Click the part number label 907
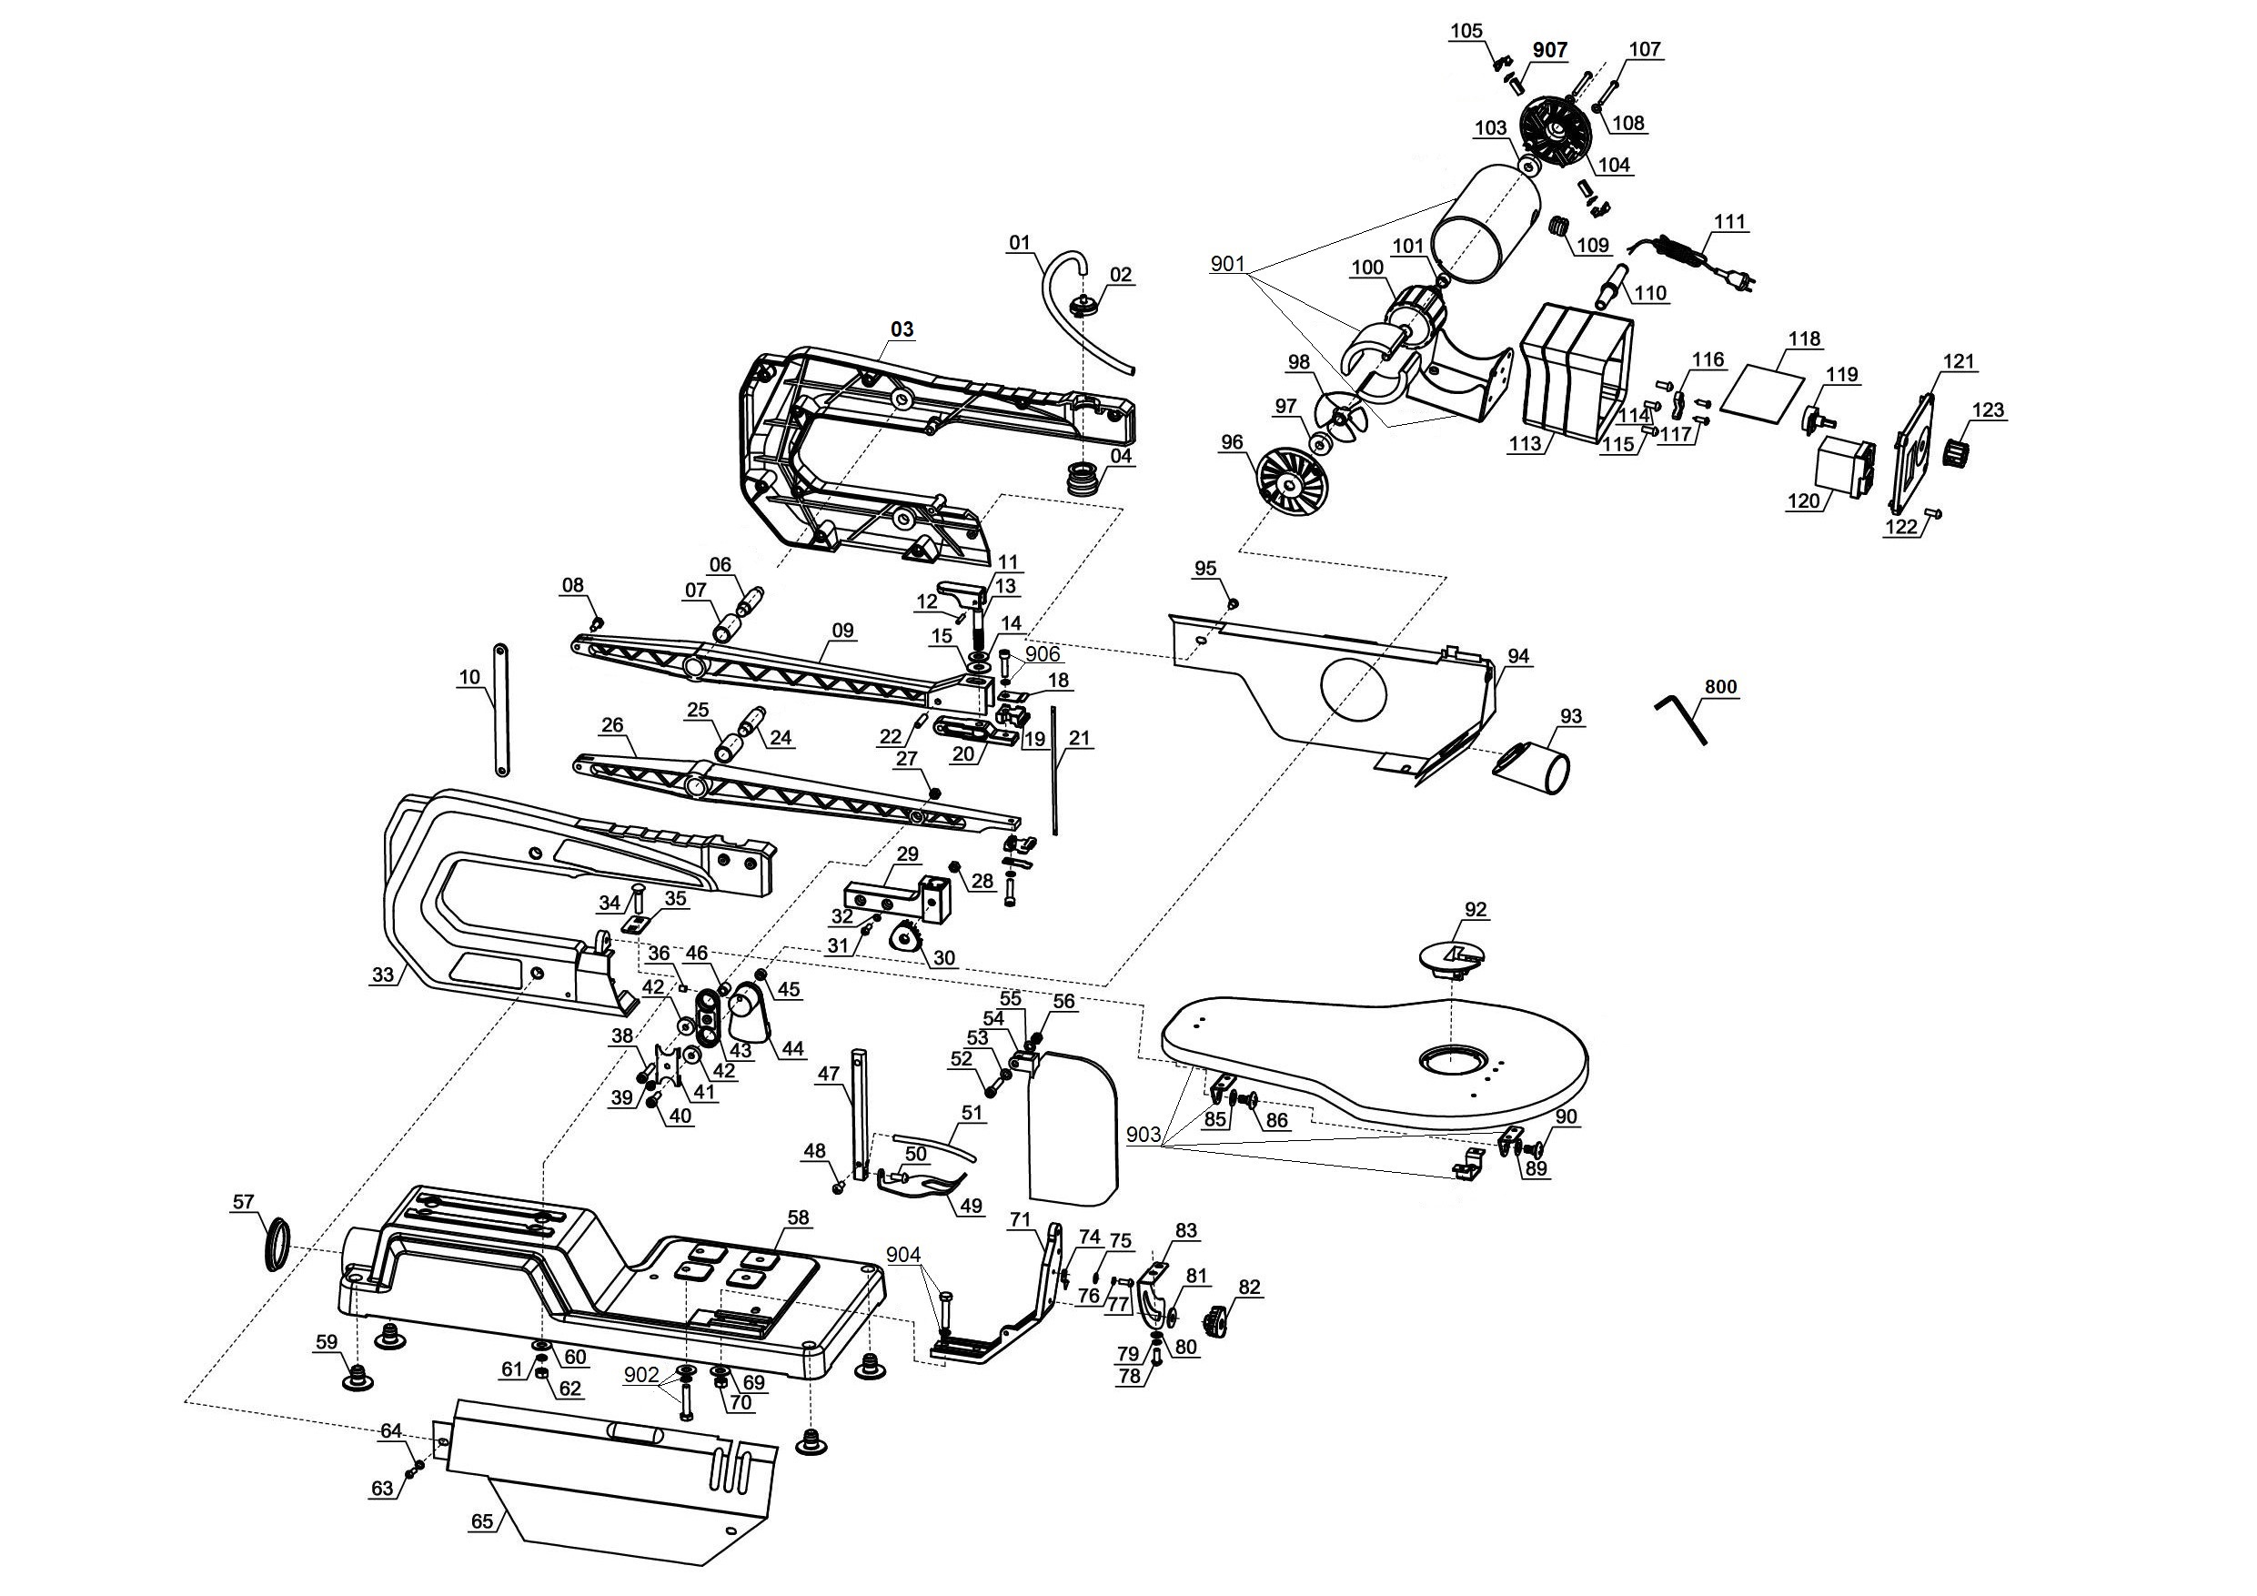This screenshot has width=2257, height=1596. (1549, 50)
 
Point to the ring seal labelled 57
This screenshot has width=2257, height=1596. (278, 1244)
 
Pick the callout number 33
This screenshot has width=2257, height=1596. (382, 975)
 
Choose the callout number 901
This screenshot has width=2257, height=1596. (1229, 264)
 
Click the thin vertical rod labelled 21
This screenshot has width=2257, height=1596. (1053, 769)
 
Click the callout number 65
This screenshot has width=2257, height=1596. (481, 1520)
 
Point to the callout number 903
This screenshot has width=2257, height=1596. (1144, 1134)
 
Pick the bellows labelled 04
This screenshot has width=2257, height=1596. (1083, 480)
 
